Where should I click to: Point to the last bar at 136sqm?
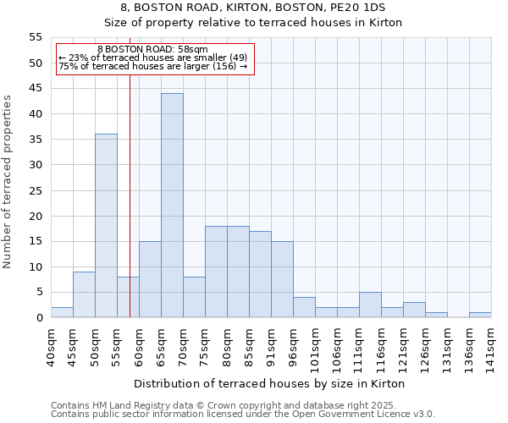pyautogui.click(x=480, y=316)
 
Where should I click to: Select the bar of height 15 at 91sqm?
pyautogui.click(x=282, y=279)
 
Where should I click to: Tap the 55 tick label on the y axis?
pyautogui.click(x=36, y=37)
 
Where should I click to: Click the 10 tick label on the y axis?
pyautogui.click(x=36, y=266)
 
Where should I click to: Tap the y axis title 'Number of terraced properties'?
pyautogui.click(x=8, y=181)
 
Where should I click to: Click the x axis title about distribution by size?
pyautogui.click(x=269, y=383)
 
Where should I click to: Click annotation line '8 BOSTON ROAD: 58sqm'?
pyautogui.click(x=153, y=50)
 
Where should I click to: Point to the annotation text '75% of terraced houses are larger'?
pyautogui.click(x=153, y=66)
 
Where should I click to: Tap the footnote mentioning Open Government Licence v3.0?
pyautogui.click(x=243, y=415)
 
